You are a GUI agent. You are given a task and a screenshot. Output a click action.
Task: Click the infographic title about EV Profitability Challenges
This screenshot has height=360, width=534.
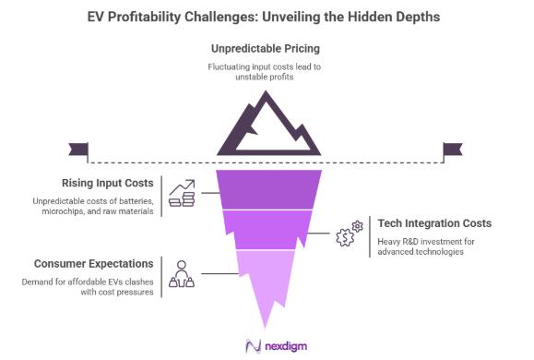tap(267, 17)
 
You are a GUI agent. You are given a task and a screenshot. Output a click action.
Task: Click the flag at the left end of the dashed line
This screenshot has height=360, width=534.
tap(78, 149)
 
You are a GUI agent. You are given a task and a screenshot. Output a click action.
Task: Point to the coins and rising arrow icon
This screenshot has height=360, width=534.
tap(181, 193)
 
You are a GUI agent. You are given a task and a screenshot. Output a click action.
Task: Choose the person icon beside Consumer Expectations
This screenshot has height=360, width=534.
tap(181, 273)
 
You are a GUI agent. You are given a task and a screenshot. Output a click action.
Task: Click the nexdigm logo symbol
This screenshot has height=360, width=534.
tap(253, 346)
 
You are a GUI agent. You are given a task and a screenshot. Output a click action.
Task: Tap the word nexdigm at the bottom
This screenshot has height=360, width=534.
tap(283, 346)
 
